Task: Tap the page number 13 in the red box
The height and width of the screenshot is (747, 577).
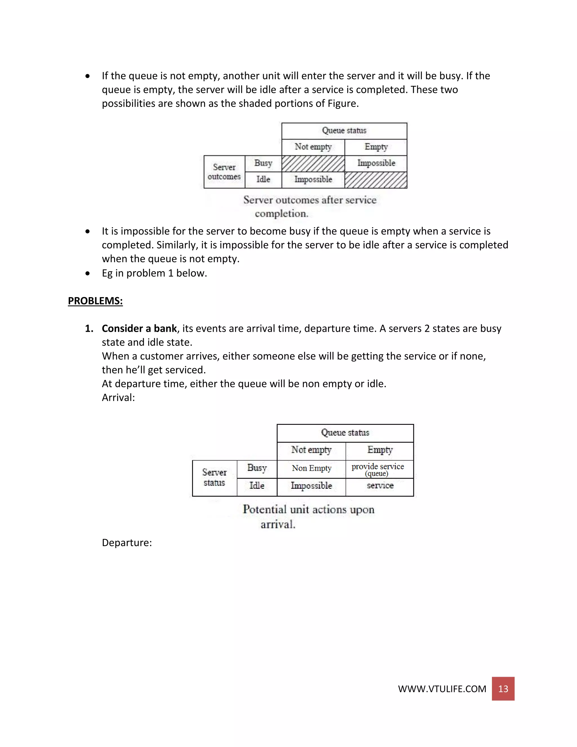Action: pyautogui.click(x=503, y=689)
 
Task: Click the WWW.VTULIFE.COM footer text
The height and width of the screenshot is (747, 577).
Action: pyautogui.click(x=442, y=689)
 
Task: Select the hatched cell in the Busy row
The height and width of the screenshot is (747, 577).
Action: pyautogui.click(x=313, y=163)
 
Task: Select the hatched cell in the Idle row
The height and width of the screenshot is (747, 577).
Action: pyautogui.click(x=376, y=180)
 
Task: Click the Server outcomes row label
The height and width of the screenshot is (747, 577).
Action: pyautogui.click(x=224, y=172)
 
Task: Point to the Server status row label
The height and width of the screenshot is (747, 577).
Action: pyautogui.click(x=214, y=478)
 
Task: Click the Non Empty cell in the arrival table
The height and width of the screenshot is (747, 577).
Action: pyautogui.click(x=311, y=468)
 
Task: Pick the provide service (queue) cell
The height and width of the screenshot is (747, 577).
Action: pyautogui.click(x=378, y=469)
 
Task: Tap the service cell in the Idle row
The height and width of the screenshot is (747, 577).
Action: pyautogui.click(x=380, y=486)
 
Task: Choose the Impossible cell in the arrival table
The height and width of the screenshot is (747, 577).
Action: pyautogui.click(x=311, y=486)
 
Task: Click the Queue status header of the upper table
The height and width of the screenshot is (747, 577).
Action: pyautogui.click(x=344, y=131)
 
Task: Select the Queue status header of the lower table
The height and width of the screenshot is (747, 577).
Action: pyautogui.click(x=345, y=433)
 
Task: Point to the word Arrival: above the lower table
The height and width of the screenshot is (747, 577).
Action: pyautogui.click(x=118, y=397)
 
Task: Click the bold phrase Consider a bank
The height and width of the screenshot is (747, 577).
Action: pyautogui.click(x=139, y=328)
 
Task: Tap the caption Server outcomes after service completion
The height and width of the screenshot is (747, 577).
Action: pyautogui.click(x=309, y=206)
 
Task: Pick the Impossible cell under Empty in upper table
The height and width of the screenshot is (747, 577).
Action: pyautogui.click(x=376, y=163)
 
